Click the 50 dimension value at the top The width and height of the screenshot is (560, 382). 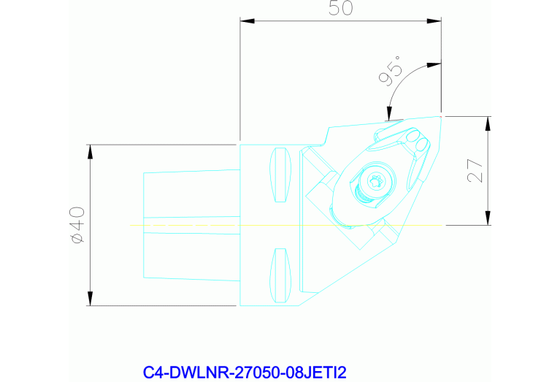tap(341, 8)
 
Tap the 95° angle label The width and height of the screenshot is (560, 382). tap(390, 72)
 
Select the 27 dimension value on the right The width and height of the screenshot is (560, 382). tap(475, 171)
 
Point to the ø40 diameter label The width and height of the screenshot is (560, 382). tap(78, 225)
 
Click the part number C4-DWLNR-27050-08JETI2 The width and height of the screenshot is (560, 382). tap(245, 373)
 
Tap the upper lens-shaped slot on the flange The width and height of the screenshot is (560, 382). tap(280, 175)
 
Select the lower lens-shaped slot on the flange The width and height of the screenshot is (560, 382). tap(280, 275)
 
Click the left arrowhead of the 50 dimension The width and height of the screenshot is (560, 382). tap(248, 21)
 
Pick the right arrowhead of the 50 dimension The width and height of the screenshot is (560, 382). tap(434, 21)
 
